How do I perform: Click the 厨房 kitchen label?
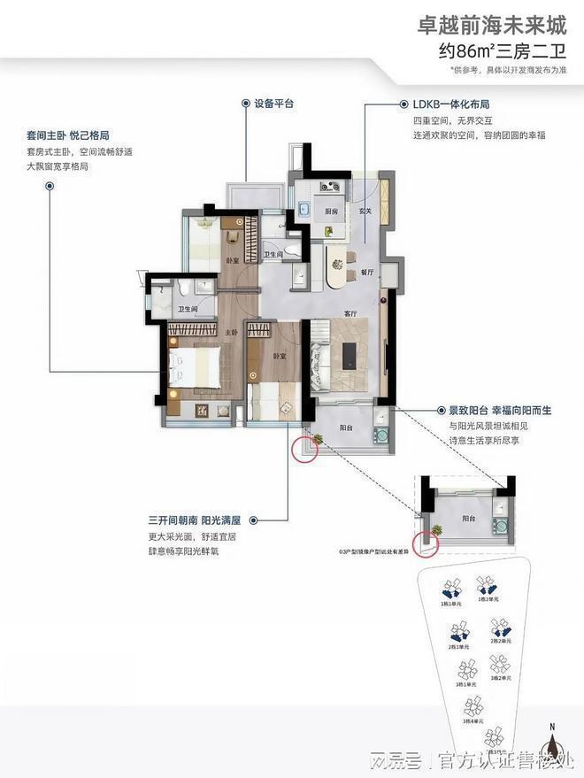(331, 212)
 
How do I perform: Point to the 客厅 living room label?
(350, 314)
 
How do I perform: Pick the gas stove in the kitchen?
(330, 187)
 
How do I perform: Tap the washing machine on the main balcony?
(382, 435)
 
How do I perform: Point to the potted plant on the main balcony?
(315, 439)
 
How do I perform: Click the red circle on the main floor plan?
(304, 448)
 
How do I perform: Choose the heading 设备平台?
(273, 104)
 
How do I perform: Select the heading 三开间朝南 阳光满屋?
(195, 520)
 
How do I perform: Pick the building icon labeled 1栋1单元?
(450, 588)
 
